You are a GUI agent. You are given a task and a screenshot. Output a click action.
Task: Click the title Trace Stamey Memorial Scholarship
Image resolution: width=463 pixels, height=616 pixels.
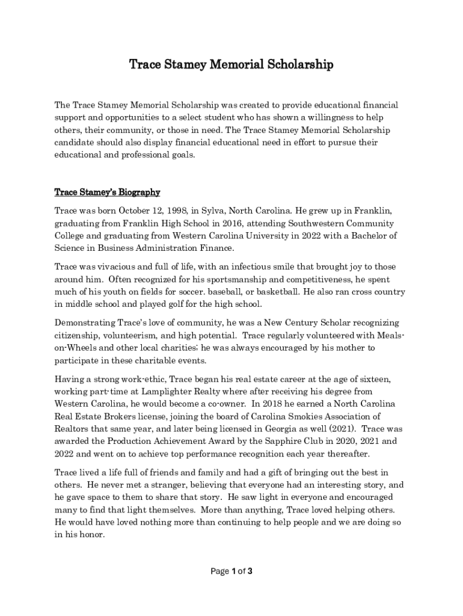click(x=231, y=64)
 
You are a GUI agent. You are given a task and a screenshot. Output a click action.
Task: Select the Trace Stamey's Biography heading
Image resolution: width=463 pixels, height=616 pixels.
click(x=107, y=192)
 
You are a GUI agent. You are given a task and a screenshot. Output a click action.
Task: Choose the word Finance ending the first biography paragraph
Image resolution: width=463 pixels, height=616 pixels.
click(x=215, y=248)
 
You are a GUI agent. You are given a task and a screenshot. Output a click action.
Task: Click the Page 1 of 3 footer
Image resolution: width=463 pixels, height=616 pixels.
click(x=231, y=571)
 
